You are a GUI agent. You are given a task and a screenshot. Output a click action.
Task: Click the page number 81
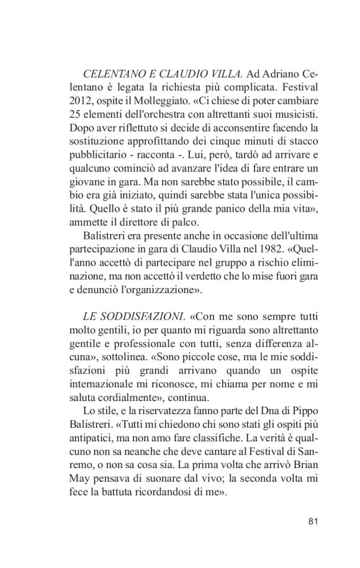[313, 521]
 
